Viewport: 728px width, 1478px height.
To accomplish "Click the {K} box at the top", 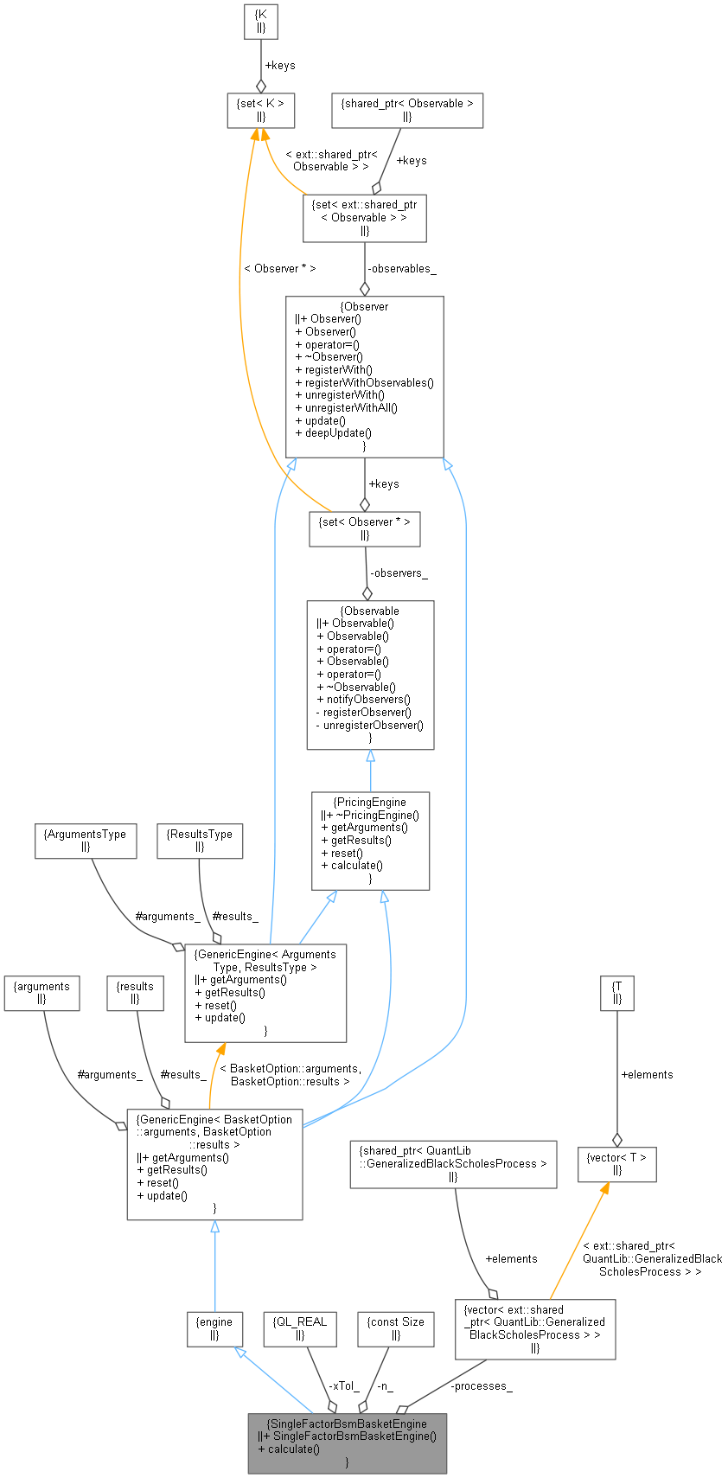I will pos(260,21).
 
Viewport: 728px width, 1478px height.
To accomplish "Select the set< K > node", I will pos(260,110).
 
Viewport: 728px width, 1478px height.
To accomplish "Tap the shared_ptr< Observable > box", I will pos(406,110).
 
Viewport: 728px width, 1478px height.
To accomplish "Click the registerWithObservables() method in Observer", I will pos(364,382).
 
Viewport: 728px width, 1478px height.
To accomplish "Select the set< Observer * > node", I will pos(364,528).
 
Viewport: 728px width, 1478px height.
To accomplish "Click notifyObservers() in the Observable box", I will pos(363,699).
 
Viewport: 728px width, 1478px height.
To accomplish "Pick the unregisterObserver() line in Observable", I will pos(369,725).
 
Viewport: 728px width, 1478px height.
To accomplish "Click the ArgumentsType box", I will pos(85,841).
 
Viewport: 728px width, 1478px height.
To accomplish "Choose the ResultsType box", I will pos(200,841).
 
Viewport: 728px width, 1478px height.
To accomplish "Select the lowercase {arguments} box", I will pos(42,992).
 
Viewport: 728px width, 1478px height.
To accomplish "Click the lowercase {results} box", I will pos(135,992).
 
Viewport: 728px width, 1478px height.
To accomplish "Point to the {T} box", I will pos(616,992).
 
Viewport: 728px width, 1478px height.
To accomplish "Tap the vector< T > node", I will pos(616,1163).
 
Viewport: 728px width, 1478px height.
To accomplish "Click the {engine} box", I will pos(214,1328).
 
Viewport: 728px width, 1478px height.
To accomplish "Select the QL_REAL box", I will pos(300,1328).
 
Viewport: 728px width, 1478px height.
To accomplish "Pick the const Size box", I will pos(395,1328).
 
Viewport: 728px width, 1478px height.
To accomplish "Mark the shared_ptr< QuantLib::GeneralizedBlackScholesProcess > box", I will pos(453,1163).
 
